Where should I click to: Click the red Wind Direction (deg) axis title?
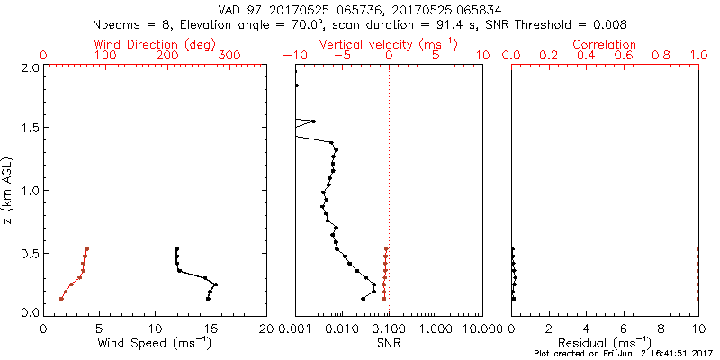[156, 44]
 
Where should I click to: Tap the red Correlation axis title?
[605, 44]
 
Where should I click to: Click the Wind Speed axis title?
[156, 343]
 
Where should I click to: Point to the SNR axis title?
[388, 343]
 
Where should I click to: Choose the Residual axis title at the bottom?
[605, 343]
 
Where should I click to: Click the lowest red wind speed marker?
[61, 299]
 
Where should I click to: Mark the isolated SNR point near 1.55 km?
[312, 121]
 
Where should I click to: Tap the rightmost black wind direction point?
[216, 284]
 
